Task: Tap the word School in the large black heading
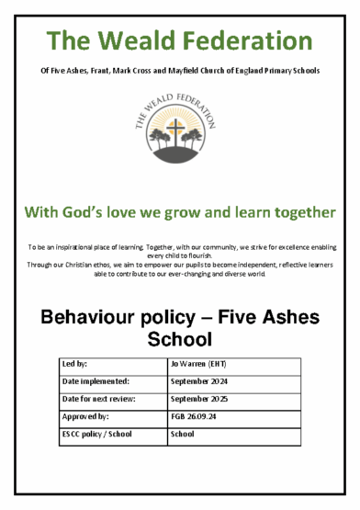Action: pos(180,342)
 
